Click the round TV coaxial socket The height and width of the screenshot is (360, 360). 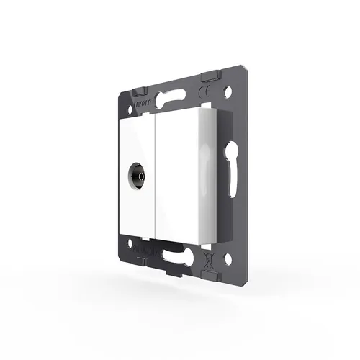136,175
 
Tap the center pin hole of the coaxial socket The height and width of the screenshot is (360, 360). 135,175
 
